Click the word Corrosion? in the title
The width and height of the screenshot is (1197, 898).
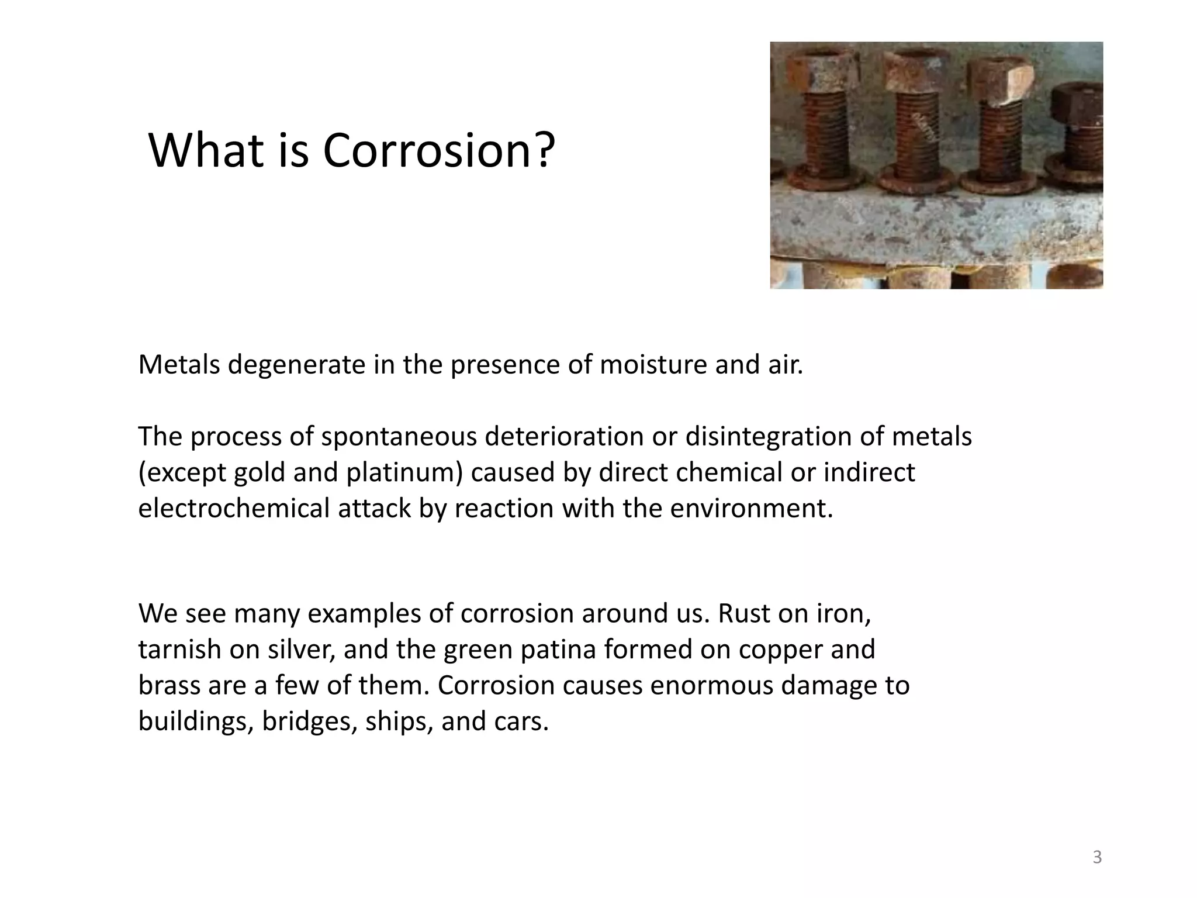[438, 151]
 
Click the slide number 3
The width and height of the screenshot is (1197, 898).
[1097, 858]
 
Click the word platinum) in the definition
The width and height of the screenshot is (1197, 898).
[404, 472]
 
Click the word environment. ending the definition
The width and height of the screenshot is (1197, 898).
[751, 508]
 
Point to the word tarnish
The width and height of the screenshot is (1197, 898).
[179, 650]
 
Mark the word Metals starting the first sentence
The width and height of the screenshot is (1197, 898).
[179, 365]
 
